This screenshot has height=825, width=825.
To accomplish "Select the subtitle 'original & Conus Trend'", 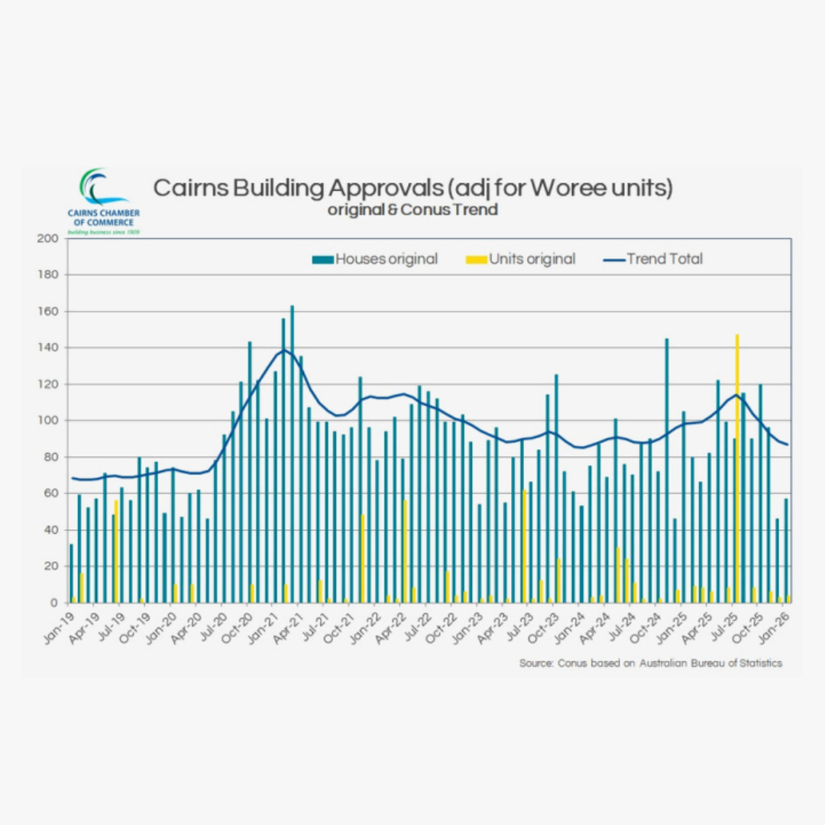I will tap(412, 209).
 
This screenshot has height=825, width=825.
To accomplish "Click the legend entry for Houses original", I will tap(375, 259).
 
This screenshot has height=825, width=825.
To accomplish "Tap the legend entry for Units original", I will tap(521, 259).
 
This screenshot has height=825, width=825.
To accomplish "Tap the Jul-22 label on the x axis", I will tap(420, 628).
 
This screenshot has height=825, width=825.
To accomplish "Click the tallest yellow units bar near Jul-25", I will tap(737, 458).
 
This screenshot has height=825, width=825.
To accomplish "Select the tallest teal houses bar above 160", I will tap(292, 458).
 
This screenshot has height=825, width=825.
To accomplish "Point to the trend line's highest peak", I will tap(283, 350).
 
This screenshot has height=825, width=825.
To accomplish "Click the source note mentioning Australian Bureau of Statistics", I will tap(651, 663).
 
